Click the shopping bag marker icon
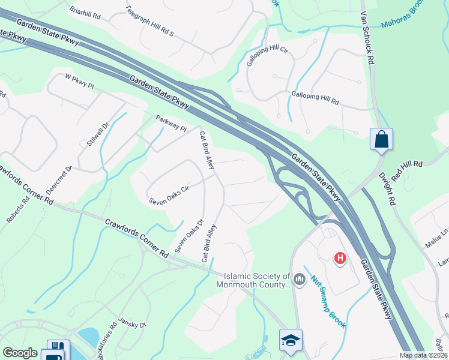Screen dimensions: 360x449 [381, 140]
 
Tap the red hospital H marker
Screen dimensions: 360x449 [340, 258]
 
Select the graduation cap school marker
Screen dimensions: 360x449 [291, 340]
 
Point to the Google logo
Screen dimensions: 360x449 [20, 353]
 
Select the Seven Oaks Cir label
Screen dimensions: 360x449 [169, 193]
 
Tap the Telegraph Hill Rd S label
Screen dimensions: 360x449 [149, 21]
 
